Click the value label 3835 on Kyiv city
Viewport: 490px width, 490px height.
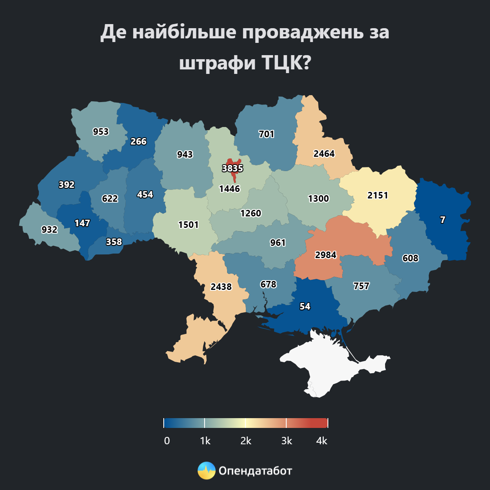232,168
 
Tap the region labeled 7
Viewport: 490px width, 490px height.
443,220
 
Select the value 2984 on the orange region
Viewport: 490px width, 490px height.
325,255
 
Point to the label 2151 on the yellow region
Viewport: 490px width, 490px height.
377,195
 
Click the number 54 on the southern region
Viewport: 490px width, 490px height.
305,306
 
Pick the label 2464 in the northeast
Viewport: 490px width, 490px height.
324,154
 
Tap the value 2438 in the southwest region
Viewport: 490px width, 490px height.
221,287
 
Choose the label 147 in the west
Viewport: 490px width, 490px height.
82,223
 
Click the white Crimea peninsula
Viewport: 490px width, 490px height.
327,367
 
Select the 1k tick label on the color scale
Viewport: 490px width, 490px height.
205,441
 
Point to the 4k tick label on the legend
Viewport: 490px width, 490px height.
322,441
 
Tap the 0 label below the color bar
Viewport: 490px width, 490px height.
167,441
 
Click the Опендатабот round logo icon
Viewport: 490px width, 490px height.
206,471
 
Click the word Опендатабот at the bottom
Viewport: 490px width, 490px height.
255,471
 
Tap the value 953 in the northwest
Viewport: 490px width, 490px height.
100,131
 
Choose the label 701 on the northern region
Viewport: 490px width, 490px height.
266,134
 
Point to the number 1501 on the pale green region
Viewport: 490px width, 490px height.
188,225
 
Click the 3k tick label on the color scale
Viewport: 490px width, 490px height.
287,441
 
